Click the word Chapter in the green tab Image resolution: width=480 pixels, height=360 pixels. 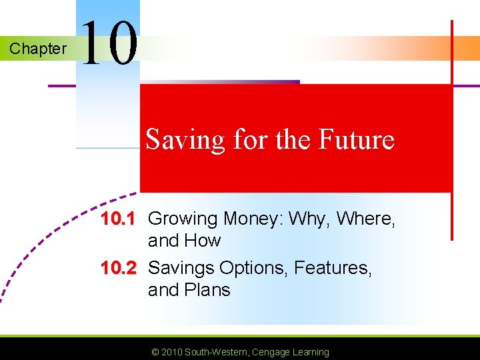38,49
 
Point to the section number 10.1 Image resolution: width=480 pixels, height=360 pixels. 118,219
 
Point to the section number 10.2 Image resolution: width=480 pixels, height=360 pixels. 118,268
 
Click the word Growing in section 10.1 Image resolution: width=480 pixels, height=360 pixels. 183,219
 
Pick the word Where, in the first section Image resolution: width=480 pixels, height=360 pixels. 367,219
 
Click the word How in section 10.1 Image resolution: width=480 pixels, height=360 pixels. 203,241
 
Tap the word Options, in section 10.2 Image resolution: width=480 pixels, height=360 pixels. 253,268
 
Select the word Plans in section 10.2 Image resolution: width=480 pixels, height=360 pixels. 207,290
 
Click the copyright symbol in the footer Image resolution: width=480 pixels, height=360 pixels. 155,352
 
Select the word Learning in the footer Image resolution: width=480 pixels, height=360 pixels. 311,352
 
